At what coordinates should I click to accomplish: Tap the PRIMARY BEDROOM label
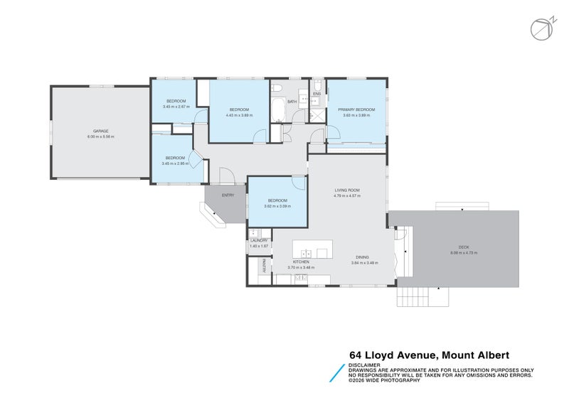coord(356,109)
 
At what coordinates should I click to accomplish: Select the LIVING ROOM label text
coord(347,190)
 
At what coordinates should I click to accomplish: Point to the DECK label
coord(463,247)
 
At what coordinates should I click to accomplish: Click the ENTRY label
coord(228,195)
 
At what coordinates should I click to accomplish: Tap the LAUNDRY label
coord(259,240)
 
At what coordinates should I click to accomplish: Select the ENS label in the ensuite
coord(317,94)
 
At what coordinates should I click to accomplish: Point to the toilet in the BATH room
coord(277,88)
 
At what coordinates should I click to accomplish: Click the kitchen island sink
coord(307,253)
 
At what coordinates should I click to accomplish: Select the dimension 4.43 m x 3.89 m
coord(239,115)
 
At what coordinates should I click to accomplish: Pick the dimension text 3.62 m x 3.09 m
coord(277,206)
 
